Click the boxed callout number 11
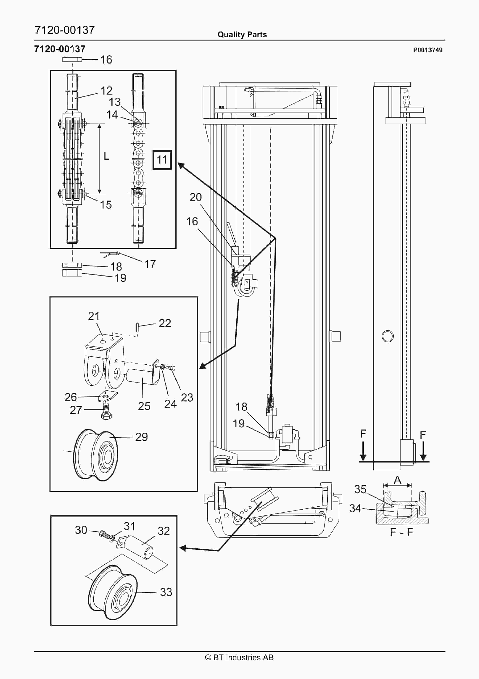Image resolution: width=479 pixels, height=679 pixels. (x=162, y=160)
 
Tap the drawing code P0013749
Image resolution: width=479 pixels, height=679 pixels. (x=428, y=50)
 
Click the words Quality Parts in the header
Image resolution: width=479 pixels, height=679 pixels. (x=242, y=35)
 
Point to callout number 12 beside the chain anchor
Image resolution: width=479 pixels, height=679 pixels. (x=107, y=91)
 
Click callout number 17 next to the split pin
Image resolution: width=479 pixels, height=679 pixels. (x=150, y=264)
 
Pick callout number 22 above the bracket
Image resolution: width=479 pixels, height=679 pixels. (x=165, y=323)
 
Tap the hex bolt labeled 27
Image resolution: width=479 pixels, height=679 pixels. (x=106, y=411)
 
